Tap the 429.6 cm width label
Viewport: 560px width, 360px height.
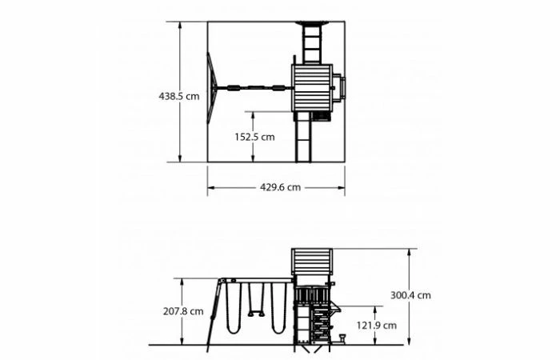coord(280,187)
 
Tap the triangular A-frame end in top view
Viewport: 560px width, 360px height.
coord(211,88)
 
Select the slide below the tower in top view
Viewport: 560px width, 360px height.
coord(304,138)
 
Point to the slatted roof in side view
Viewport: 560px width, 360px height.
coord(312,262)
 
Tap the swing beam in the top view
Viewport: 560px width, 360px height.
coord(252,87)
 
